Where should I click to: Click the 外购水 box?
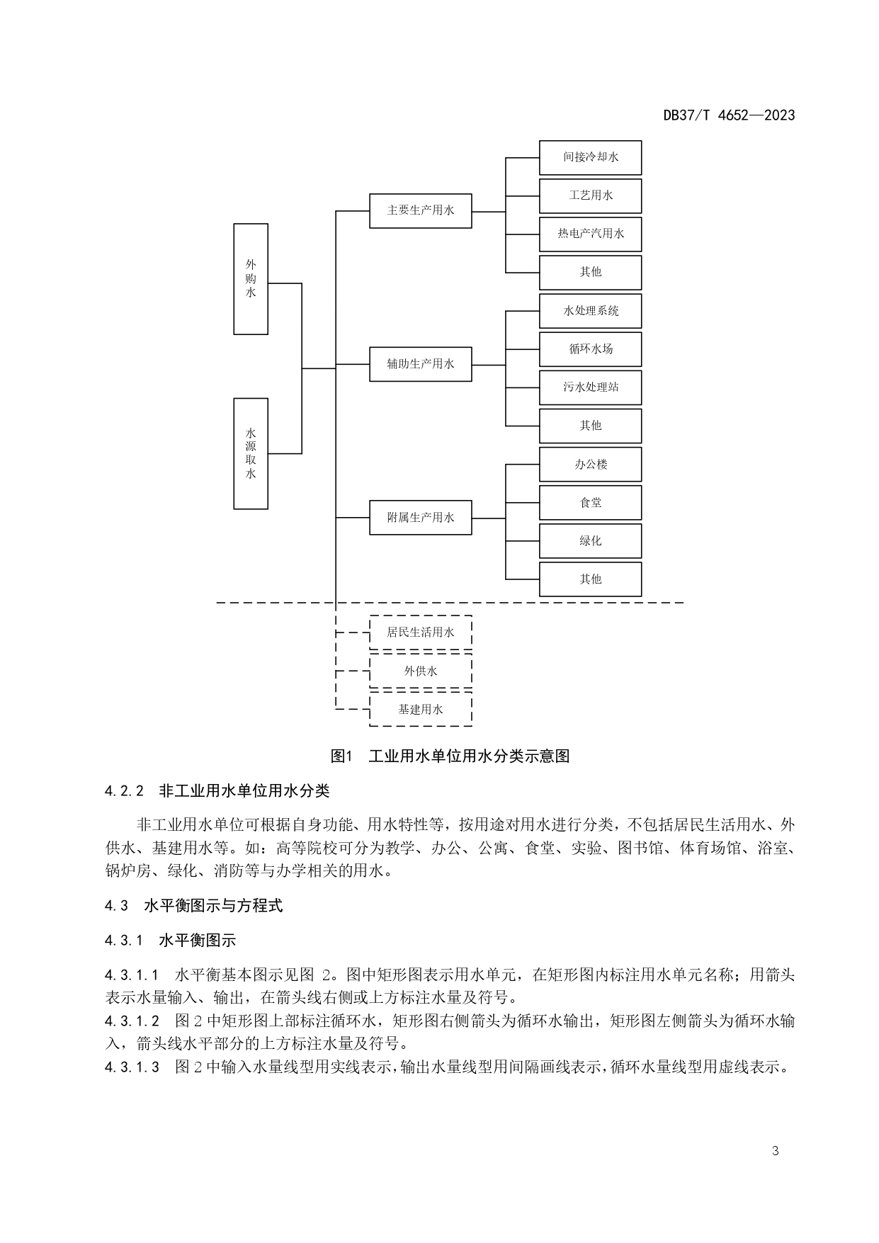pyautogui.click(x=251, y=279)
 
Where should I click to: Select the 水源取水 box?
pyautogui.click(x=251, y=453)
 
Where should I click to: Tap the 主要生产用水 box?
pyautogui.click(x=420, y=210)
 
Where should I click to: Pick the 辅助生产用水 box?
pyautogui.click(x=420, y=364)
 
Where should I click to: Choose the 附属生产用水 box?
pyautogui.click(x=420, y=518)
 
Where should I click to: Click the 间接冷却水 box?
pyautogui.click(x=590, y=157)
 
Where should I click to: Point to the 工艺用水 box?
pyautogui.click(x=590, y=195)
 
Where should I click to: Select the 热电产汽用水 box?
pyautogui.click(x=590, y=234)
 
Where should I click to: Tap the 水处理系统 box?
pyautogui.click(x=590, y=311)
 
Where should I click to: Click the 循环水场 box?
pyautogui.click(x=590, y=349)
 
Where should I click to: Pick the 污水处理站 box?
pyautogui.click(x=590, y=387)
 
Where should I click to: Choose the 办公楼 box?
pyautogui.click(x=590, y=465)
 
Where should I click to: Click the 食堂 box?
pyautogui.click(x=590, y=503)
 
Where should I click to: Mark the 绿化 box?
pyautogui.click(x=590, y=541)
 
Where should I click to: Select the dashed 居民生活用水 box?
pyautogui.click(x=420, y=632)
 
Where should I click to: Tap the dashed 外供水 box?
pyautogui.click(x=420, y=671)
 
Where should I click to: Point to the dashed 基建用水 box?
pyautogui.click(x=420, y=709)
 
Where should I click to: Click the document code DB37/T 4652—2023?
pyautogui.click(x=729, y=115)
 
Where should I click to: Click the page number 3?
pyautogui.click(x=775, y=1151)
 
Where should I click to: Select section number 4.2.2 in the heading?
pyautogui.click(x=124, y=791)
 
